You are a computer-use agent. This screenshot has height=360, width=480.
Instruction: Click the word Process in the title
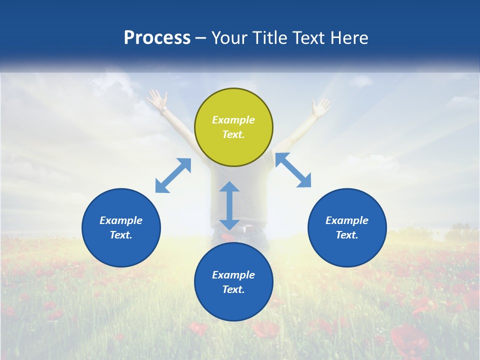[157, 38]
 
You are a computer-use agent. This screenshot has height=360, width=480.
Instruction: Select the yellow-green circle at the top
[233, 145]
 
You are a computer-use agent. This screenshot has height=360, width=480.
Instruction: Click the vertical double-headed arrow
[229, 205]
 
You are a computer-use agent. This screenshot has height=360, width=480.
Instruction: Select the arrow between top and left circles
[173, 175]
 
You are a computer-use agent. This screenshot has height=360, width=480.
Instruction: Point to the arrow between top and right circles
[293, 170]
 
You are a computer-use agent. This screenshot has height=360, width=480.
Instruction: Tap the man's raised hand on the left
[156, 98]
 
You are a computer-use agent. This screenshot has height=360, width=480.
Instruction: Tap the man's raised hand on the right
[320, 106]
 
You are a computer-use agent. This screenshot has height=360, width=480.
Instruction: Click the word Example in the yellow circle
[233, 120]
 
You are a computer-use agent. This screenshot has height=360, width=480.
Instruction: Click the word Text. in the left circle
[121, 235]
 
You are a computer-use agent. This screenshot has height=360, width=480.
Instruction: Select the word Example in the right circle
[347, 220]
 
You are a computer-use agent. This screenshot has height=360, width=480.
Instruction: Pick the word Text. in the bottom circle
[233, 289]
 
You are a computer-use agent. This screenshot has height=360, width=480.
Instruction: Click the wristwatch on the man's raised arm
[163, 110]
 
